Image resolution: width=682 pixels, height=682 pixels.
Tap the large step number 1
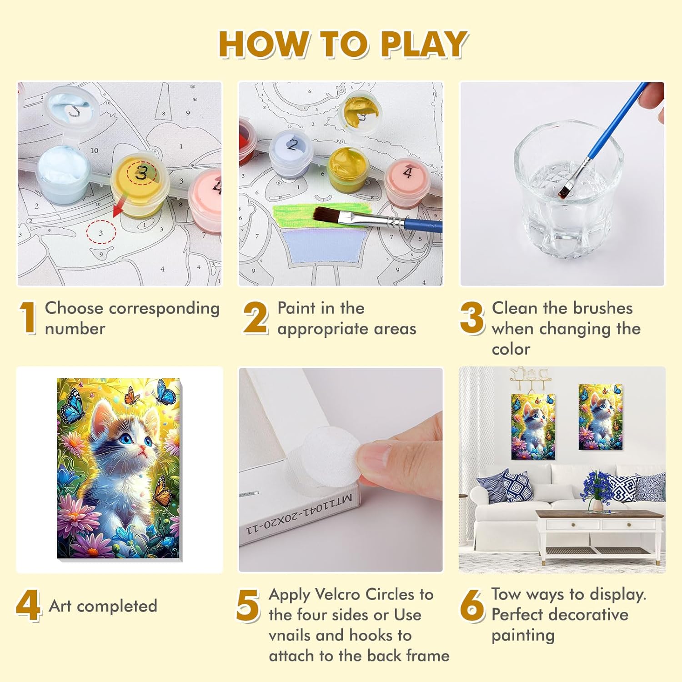click(28, 318)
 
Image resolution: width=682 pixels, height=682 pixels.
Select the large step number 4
click(28, 605)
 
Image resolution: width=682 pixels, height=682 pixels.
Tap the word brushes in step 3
click(602, 308)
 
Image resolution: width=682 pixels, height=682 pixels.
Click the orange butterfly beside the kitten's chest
click(162, 491)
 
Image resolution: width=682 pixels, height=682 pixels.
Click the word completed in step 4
click(117, 606)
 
